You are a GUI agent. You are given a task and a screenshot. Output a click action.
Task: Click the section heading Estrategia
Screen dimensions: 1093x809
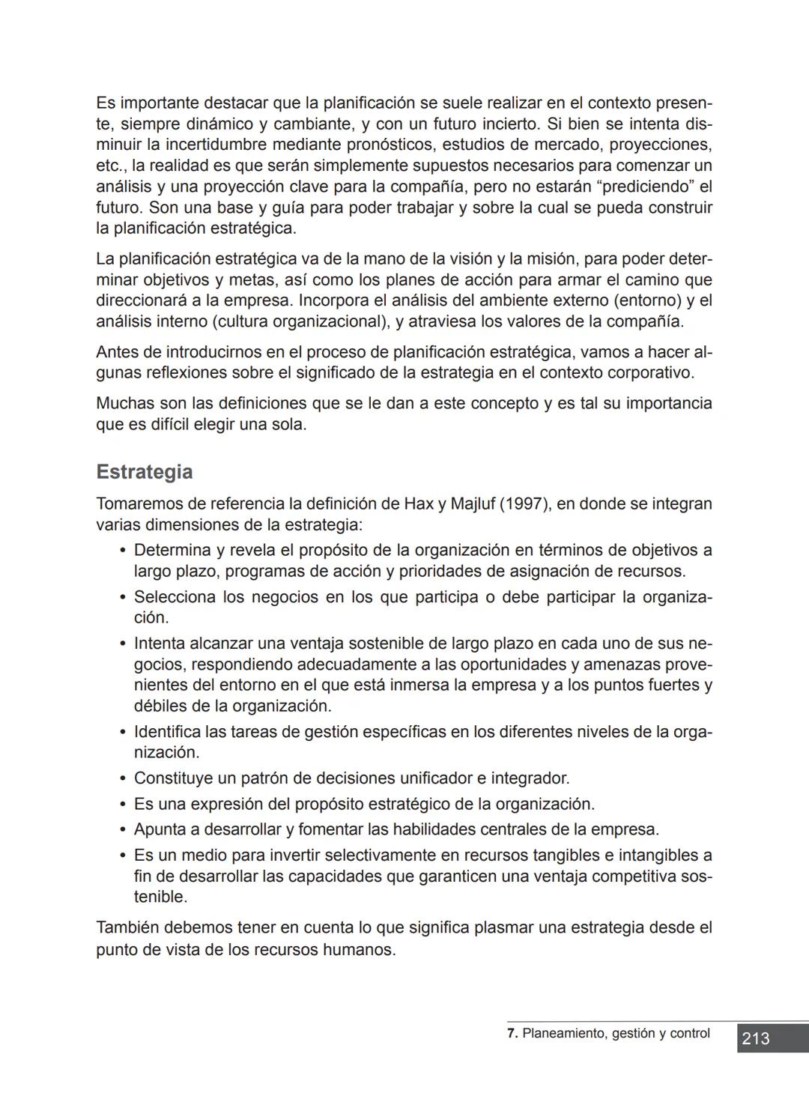tap(144, 472)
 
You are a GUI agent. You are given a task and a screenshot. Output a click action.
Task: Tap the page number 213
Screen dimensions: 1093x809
tap(756, 1038)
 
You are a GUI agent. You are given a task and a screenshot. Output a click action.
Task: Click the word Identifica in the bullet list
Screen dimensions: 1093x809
tap(167, 731)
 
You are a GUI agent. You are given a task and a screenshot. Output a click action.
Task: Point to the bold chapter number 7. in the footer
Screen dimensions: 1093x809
tap(512, 1033)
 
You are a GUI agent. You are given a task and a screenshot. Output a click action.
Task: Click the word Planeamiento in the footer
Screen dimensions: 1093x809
tap(564, 1033)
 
